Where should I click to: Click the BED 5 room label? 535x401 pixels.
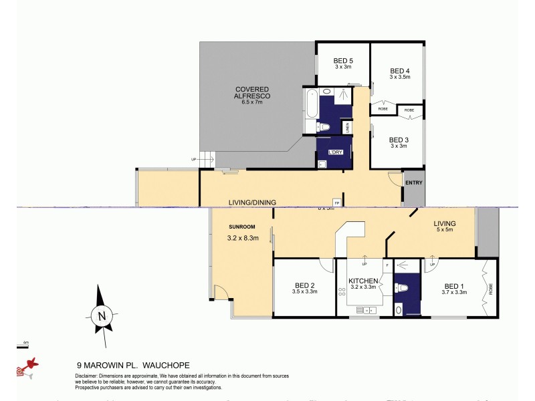[x=343, y=61]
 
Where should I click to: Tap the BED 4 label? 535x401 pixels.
[x=400, y=71]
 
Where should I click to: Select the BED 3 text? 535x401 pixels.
[x=399, y=140]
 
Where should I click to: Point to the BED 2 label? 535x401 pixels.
[x=304, y=285]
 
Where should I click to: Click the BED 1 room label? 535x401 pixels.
[x=453, y=285]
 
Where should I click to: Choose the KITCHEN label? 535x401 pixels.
[x=363, y=281]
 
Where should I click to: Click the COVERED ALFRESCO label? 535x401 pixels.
[x=252, y=93]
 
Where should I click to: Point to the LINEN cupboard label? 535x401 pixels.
[x=347, y=127]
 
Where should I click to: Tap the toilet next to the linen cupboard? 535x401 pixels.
[x=325, y=128]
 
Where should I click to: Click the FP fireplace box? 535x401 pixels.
[x=337, y=203]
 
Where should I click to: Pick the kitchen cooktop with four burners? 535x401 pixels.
[x=343, y=293]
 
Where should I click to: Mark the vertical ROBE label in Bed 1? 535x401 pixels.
[x=490, y=289]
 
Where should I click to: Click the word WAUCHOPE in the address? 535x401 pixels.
[x=169, y=366]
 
